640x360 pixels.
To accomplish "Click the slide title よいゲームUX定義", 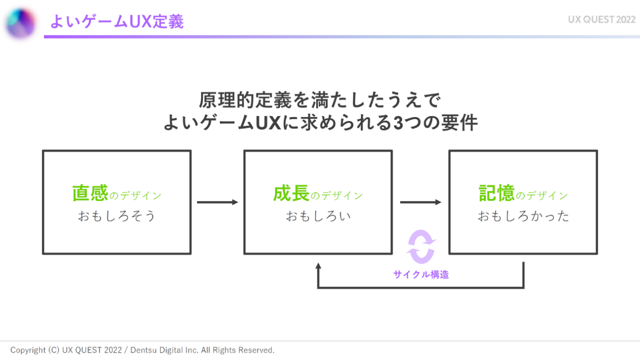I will [116, 21].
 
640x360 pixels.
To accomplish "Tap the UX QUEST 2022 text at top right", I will [601, 20].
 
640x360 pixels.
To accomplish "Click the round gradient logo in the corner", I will [20, 23].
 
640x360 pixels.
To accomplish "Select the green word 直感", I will [90, 193].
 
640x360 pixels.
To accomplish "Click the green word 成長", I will [291, 194].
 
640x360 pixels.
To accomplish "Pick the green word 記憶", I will [496, 194].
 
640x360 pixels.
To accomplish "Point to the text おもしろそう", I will [116, 216].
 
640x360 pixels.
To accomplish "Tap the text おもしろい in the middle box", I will [318, 216].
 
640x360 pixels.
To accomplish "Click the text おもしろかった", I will [523, 216].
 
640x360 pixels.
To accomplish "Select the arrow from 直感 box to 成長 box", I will [217, 202].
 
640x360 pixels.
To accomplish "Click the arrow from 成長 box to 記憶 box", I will [420, 202].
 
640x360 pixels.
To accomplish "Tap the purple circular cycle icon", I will [421, 246].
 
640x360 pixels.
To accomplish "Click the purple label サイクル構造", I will [421, 274].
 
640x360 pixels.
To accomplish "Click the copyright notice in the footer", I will [142, 350].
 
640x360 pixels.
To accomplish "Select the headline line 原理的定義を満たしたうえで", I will [320, 100].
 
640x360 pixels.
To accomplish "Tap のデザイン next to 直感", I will [135, 196].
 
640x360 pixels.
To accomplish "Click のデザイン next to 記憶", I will [542, 196].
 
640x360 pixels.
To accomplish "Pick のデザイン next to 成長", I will [337, 196].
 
